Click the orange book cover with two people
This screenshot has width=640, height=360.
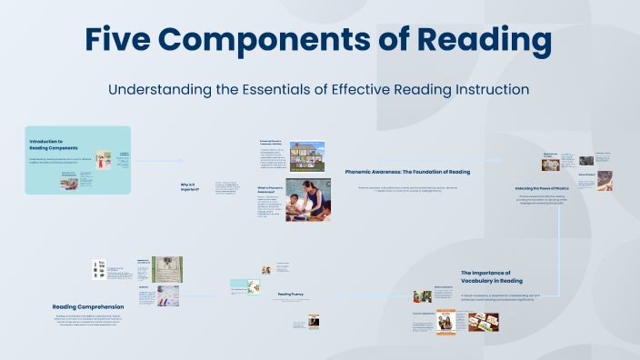(445, 324)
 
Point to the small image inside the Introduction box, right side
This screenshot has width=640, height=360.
(103, 160)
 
